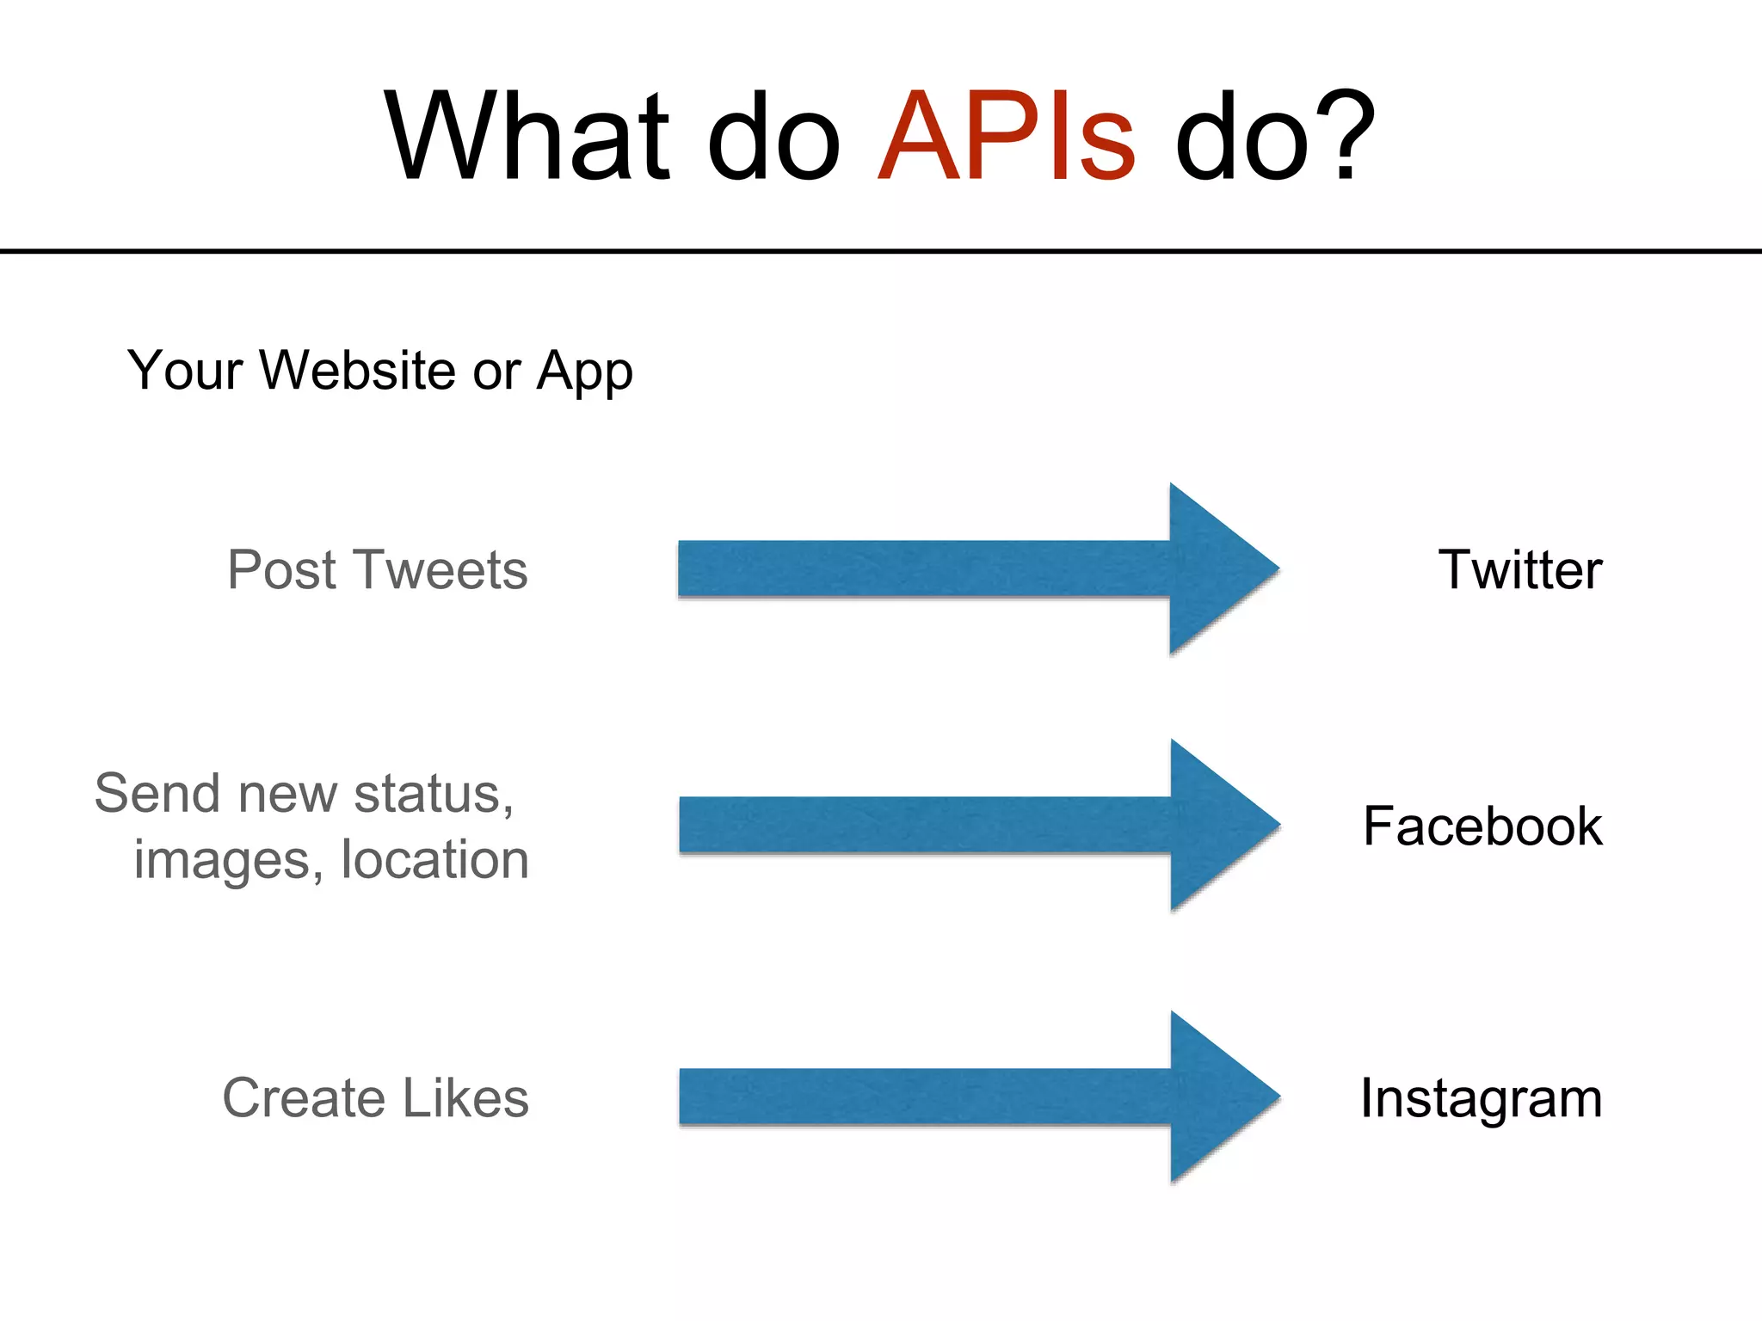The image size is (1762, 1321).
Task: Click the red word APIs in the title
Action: coord(1007,138)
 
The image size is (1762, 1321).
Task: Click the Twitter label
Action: coord(1520,569)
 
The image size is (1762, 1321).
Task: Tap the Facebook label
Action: coord(1482,826)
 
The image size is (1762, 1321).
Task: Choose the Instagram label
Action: coord(1481,1098)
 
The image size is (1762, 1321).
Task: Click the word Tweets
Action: coord(440,569)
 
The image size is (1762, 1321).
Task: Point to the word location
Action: coord(434,859)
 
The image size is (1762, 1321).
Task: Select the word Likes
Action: coord(465,1098)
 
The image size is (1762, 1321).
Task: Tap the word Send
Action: coord(158,793)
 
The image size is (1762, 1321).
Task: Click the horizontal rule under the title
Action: coord(881,251)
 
